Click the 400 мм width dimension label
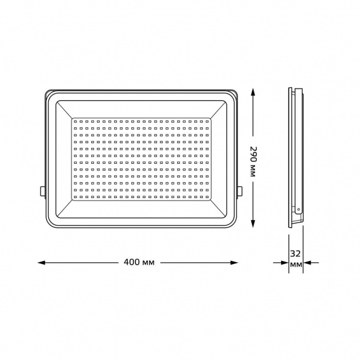pyautogui.click(x=138, y=262)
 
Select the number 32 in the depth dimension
pyautogui.click(x=295, y=252)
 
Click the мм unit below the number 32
pyautogui.click(x=296, y=265)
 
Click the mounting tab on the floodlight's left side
pyautogui.click(x=42, y=191)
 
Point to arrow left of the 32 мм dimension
pyautogui.click(x=284, y=263)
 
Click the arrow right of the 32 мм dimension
pyautogui.click(x=308, y=263)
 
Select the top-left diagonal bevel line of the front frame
pyautogui.click(x=64, y=110)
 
